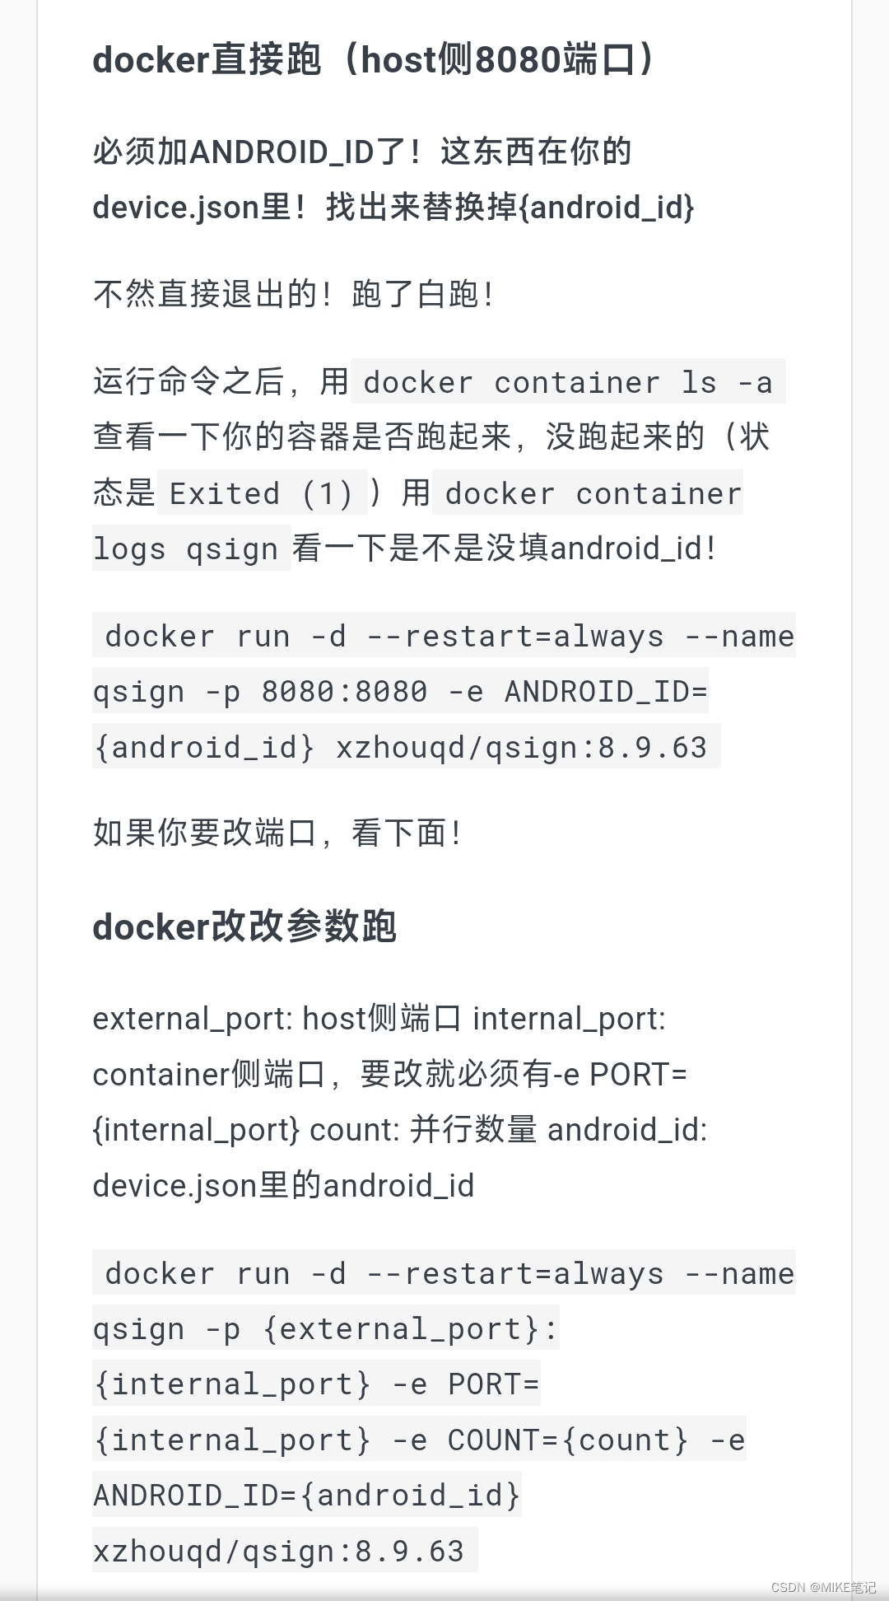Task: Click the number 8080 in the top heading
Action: coord(519,60)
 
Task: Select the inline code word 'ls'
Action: coord(699,382)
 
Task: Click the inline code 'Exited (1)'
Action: coord(261,493)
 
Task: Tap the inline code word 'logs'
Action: coord(129,548)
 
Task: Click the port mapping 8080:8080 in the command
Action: coord(344,691)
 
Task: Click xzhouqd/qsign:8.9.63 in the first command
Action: coord(521,747)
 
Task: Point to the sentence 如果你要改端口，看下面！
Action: coord(277,833)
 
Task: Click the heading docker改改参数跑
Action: coord(244,927)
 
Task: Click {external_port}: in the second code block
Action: coord(410,1328)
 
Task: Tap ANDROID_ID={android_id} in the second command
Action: coord(307,1495)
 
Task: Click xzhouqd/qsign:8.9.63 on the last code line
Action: coord(278,1551)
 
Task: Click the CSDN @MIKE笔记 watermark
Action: coord(823,1587)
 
